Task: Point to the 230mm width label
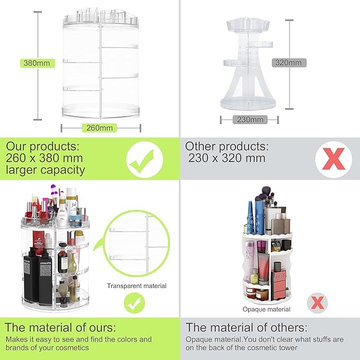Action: coord(249,119)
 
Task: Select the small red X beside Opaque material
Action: coord(318,304)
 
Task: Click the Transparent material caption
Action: coord(137,286)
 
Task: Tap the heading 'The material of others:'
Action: coord(247,327)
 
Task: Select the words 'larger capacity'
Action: coord(46,170)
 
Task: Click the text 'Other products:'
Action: coord(226,146)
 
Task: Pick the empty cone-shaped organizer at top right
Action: coord(249,66)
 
